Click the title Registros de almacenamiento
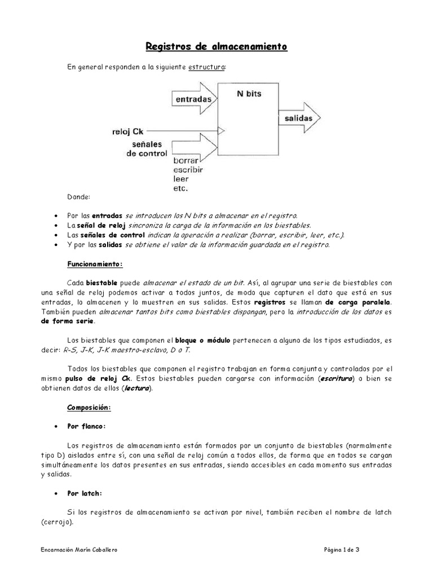point(217,46)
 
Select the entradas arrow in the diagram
point(192,99)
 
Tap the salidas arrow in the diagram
point(299,119)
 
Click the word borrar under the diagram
point(187,161)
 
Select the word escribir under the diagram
point(189,169)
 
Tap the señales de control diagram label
point(147,149)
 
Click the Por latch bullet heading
point(85,493)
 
